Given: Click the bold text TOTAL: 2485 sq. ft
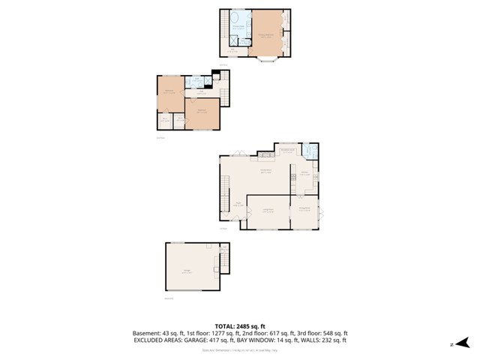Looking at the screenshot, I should (240, 326).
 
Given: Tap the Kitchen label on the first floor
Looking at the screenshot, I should (305, 173).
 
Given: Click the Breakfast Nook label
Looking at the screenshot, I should (286, 151).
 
